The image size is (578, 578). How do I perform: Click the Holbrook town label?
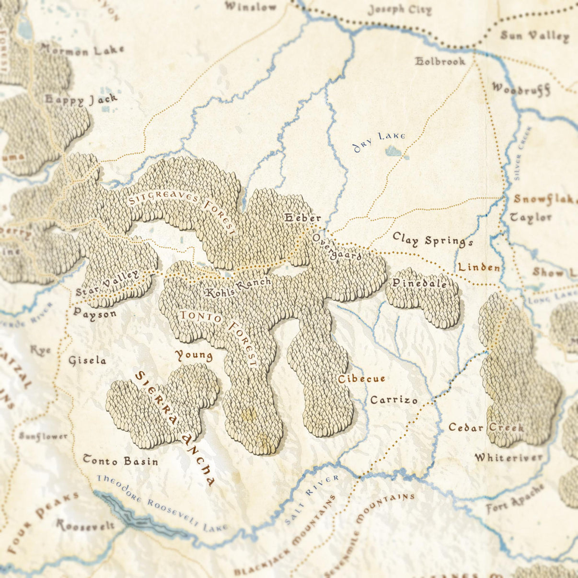[x=440, y=61]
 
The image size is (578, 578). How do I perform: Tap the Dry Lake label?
[x=379, y=141]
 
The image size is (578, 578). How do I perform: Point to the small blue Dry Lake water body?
[x=394, y=151]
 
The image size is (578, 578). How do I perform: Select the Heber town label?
[x=302, y=218]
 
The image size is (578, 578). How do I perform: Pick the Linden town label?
[x=479, y=267]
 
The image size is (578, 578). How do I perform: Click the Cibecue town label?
[x=361, y=379]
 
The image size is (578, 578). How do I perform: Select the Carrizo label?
[x=393, y=400]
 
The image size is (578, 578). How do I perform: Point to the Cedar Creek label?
[x=486, y=427]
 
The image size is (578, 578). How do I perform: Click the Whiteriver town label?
[x=509, y=457]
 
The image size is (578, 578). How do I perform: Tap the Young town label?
[x=194, y=355]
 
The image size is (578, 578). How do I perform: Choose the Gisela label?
[x=87, y=360]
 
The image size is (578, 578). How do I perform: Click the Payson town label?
[x=95, y=313]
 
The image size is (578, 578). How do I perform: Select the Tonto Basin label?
[x=120, y=461]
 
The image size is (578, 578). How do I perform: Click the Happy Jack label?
[x=81, y=99]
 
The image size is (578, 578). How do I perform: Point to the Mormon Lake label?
[x=82, y=49]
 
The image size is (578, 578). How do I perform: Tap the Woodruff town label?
[x=520, y=89]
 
